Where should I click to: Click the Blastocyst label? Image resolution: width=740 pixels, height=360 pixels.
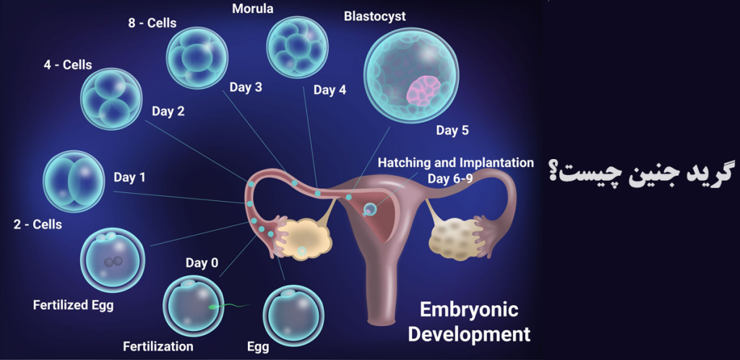pyautogui.click(x=375, y=17)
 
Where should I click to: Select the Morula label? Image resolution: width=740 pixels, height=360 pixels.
pyautogui.click(x=252, y=9)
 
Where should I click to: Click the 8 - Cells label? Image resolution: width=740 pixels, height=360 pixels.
pyautogui.click(x=152, y=22)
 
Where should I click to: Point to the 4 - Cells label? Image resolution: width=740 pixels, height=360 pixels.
pyautogui.click(x=68, y=64)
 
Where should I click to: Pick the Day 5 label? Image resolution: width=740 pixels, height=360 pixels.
pyautogui.click(x=452, y=131)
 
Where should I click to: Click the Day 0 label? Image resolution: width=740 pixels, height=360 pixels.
pyautogui.click(x=202, y=263)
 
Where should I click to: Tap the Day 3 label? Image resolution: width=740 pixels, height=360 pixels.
pyautogui.click(x=246, y=87)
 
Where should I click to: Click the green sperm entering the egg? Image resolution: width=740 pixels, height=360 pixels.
pyautogui.click(x=229, y=307)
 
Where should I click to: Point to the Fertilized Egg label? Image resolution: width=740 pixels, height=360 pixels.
pyautogui.click(x=73, y=306)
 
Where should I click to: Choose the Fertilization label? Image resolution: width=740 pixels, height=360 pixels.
pyautogui.click(x=158, y=347)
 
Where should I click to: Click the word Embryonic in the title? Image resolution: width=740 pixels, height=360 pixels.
pyautogui.click(x=469, y=310)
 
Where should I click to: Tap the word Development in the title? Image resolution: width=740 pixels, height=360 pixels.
pyautogui.click(x=469, y=334)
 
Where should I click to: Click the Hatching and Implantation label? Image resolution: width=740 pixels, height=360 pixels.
pyautogui.click(x=456, y=163)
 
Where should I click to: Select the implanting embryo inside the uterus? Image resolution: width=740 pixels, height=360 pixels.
pyautogui.click(x=371, y=208)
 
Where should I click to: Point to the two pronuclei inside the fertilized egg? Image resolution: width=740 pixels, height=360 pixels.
pyautogui.click(x=113, y=262)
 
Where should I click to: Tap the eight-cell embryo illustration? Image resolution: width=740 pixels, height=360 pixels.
pyautogui.click(x=197, y=58)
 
